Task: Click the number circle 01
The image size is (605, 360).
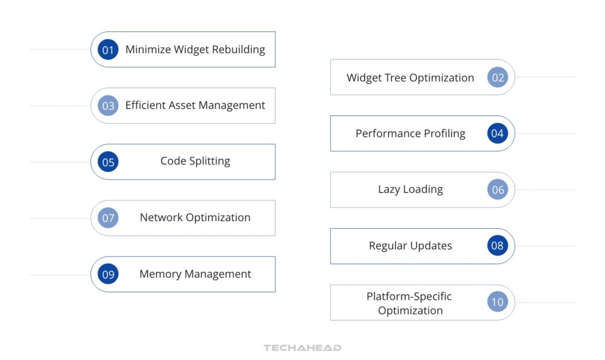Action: pos(108,50)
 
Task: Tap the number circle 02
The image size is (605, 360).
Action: pos(497,77)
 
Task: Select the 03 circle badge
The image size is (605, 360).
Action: pos(108,106)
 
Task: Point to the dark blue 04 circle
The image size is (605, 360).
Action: pos(497,134)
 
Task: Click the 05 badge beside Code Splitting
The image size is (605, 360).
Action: pos(108,162)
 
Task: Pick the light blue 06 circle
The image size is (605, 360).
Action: pos(497,190)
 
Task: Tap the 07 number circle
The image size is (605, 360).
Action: pos(108,218)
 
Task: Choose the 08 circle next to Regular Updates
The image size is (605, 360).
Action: pos(497,246)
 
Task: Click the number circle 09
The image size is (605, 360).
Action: pos(108,274)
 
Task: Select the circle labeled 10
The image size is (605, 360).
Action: pos(497,302)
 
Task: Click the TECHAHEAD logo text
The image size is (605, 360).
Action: pos(302,348)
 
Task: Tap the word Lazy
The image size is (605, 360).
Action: pos(389,190)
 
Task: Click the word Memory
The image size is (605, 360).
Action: pos(160,274)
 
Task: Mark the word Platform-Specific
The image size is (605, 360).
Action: pos(409,296)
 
